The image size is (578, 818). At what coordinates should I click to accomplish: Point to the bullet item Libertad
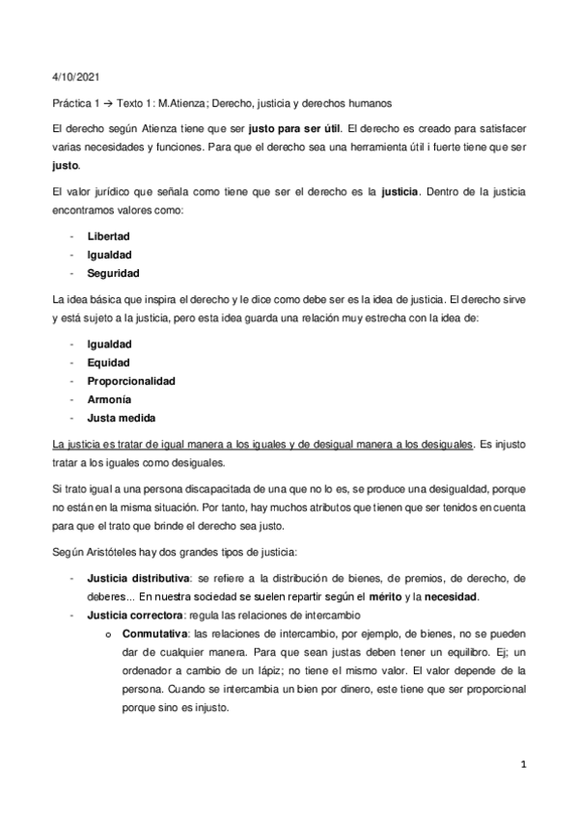(x=108, y=235)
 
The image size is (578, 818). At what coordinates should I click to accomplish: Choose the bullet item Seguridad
(x=113, y=274)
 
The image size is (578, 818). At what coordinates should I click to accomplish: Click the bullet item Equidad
(x=109, y=362)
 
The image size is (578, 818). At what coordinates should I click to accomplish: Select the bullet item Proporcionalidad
(x=131, y=381)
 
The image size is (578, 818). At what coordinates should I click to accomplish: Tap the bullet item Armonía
(x=109, y=399)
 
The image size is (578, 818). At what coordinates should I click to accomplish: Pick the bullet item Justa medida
(x=120, y=419)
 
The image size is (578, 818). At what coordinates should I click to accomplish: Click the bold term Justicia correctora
(x=131, y=614)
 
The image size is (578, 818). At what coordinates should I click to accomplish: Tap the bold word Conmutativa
(x=151, y=633)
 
